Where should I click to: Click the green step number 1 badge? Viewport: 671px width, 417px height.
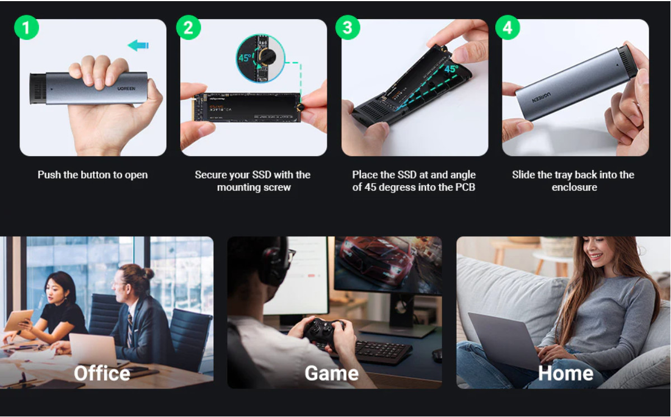26,28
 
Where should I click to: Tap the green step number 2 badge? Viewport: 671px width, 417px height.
188,28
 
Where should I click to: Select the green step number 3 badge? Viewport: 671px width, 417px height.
348,28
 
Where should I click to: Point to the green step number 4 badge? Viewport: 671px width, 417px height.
508,28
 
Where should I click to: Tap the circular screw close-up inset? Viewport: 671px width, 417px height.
261,58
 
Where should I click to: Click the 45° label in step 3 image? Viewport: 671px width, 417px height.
451,69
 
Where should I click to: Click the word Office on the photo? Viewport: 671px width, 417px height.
102,373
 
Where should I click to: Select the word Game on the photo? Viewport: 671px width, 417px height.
331,373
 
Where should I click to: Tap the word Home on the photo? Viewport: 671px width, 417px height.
565,373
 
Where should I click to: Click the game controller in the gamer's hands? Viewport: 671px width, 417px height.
323,331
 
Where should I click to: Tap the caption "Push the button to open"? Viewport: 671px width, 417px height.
92,175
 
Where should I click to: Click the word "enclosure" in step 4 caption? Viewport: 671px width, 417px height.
574,187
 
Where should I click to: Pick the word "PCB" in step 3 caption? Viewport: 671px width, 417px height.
464,187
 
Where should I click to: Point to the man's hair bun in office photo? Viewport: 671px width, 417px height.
147,273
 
